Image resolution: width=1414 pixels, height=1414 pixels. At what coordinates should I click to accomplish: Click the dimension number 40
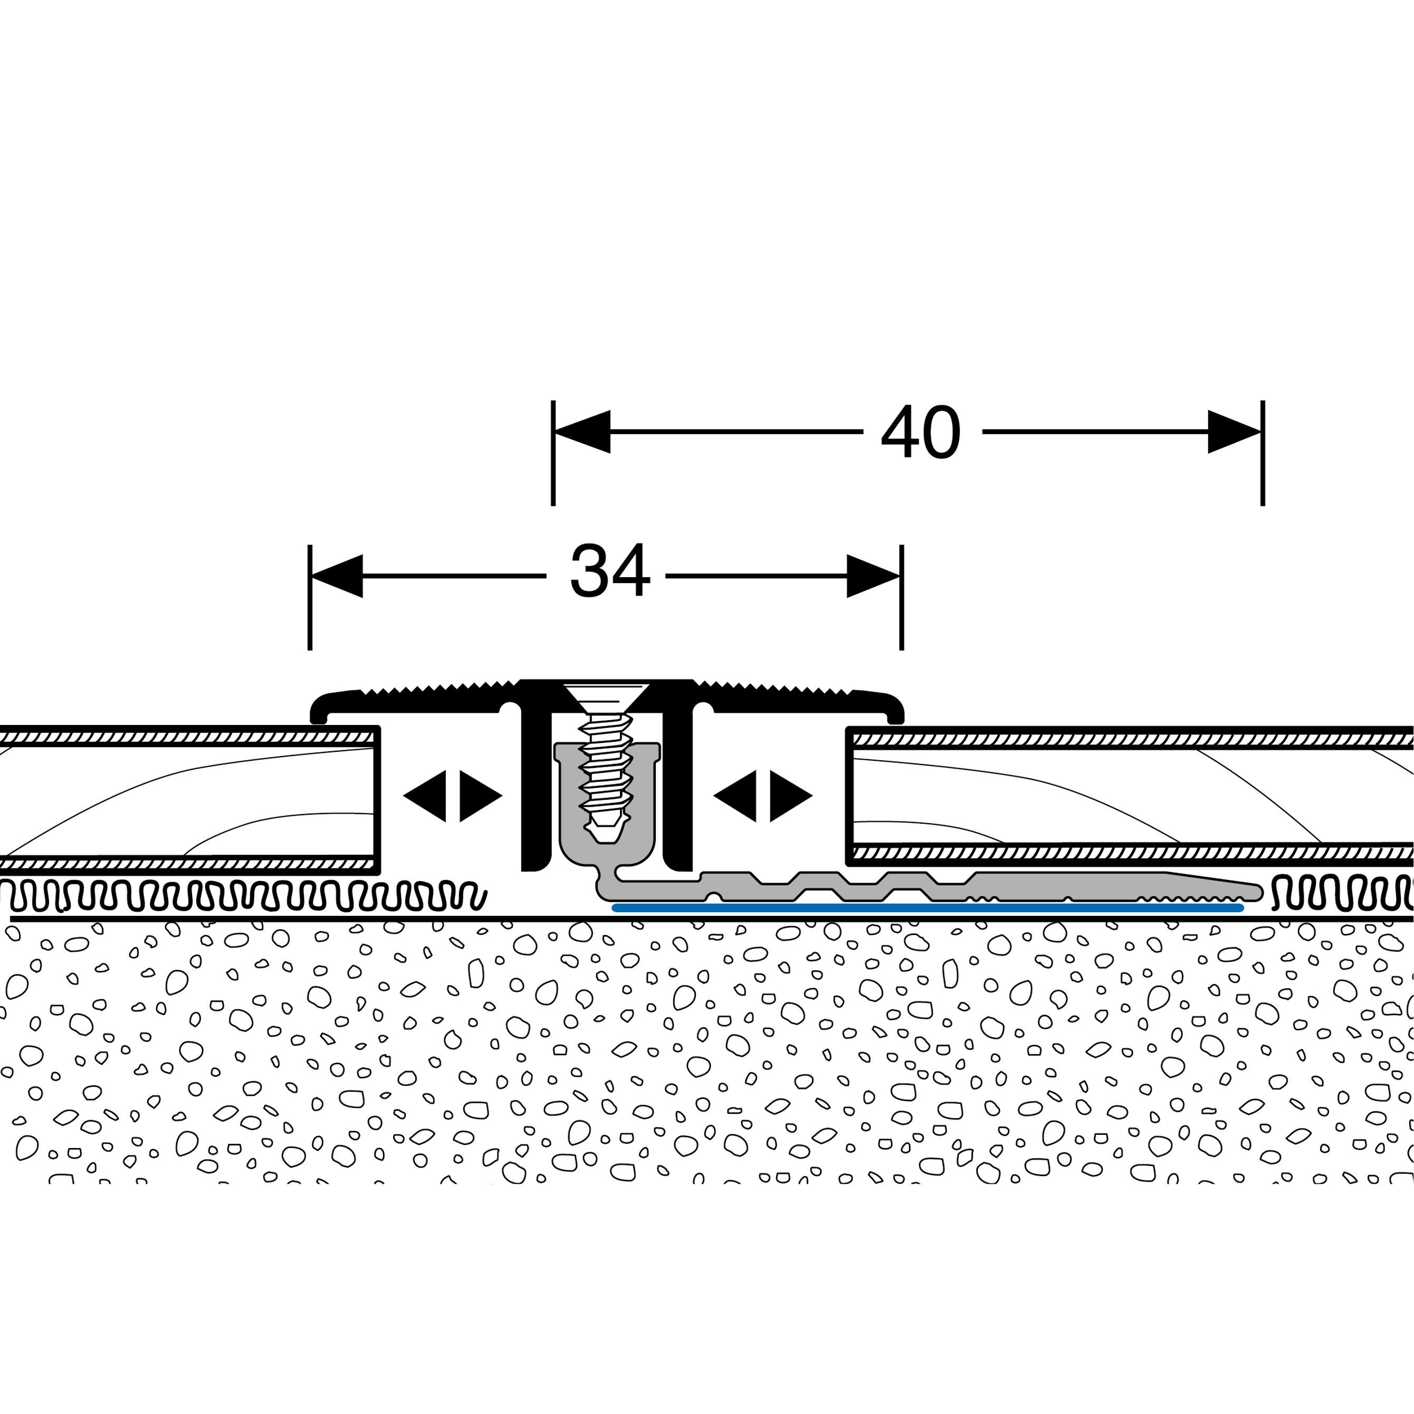coord(920,433)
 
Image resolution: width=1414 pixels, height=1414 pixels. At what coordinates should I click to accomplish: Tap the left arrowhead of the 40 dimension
coord(582,432)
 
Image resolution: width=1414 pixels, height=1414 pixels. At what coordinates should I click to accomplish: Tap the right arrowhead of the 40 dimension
coord(1234,432)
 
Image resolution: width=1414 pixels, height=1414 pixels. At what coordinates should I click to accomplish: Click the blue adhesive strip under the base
coord(926,908)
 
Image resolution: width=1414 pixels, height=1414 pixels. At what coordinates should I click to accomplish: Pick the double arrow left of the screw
coord(452,796)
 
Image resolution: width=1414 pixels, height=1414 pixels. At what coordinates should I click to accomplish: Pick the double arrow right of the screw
coord(762,796)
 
